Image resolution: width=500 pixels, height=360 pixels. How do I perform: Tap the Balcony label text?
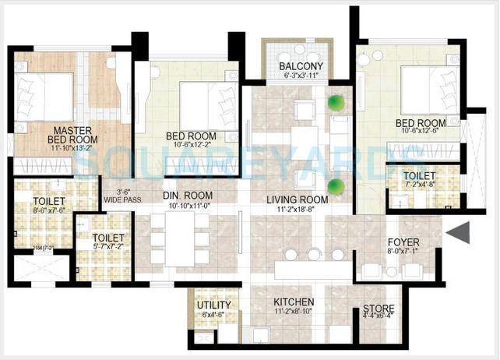tap(300, 66)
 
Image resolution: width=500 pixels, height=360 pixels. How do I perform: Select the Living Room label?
tap(297, 199)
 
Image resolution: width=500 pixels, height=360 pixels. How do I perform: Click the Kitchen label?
tap(294, 302)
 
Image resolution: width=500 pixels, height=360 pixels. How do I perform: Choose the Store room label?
tap(379, 309)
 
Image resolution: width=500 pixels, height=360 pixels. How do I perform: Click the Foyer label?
tap(403, 241)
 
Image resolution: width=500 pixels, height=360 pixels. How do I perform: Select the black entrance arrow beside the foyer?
tap(458, 232)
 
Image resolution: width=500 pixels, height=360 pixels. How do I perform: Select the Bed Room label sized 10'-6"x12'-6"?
tap(420, 123)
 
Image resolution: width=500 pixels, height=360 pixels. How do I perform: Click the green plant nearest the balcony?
tap(336, 101)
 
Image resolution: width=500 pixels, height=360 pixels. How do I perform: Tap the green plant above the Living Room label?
tap(336, 185)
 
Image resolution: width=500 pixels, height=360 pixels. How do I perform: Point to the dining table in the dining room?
tap(179, 237)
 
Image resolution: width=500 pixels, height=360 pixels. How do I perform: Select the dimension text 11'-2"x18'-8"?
tap(297, 210)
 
